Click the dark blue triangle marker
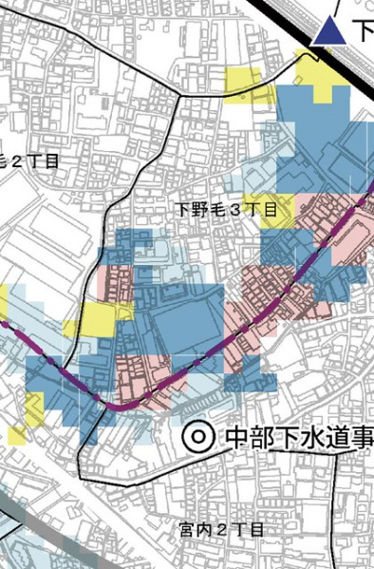click(x=329, y=31)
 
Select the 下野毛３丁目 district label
click(x=227, y=209)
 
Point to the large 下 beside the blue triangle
click(x=364, y=31)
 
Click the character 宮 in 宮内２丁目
click(x=187, y=528)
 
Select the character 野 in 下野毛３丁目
click(x=198, y=209)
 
